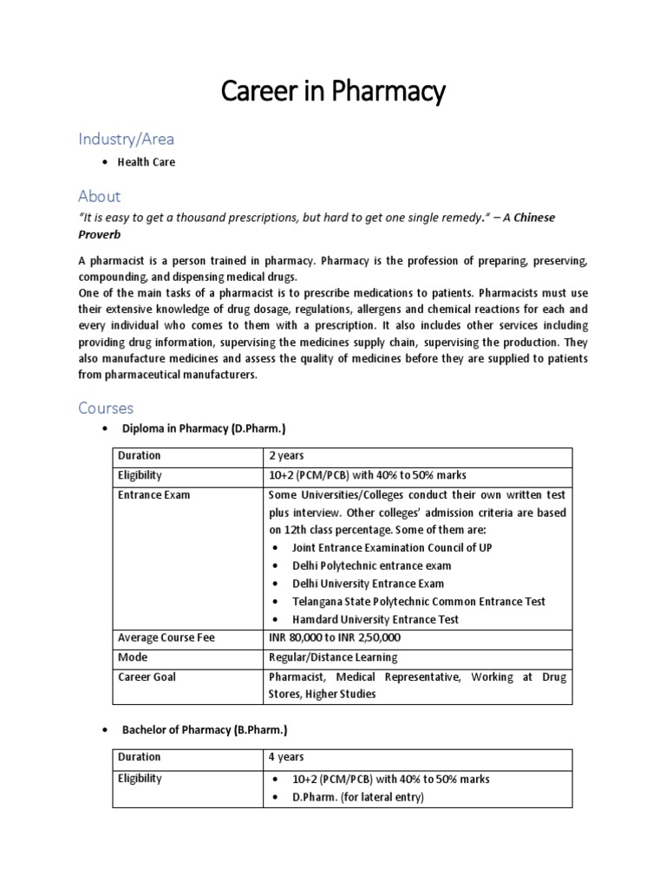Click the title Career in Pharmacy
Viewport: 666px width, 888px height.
[333, 91]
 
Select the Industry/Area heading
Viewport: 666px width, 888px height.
[127, 139]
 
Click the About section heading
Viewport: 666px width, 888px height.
[99, 196]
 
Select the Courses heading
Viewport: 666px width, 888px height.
[106, 408]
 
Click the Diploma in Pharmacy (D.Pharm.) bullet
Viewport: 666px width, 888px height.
[204, 429]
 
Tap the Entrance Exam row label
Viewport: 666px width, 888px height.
[153, 495]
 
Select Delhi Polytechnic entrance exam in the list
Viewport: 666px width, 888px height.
[372, 565]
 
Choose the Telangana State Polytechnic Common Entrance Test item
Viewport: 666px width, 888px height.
[419, 601]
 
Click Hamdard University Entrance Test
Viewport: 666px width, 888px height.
[375, 619]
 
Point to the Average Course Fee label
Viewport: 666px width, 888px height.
[166, 638]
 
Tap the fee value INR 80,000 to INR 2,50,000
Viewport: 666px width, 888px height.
[335, 638]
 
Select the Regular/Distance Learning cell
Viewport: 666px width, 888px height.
[333, 657]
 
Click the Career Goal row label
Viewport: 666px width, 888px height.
[147, 676]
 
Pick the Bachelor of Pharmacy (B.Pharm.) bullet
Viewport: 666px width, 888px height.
[204, 731]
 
